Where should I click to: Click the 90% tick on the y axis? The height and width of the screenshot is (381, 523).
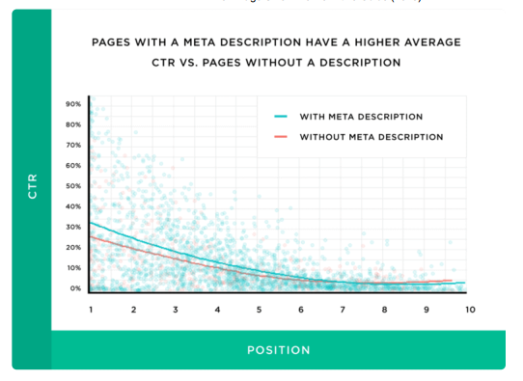click(73, 104)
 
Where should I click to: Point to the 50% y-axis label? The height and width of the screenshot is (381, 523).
click(73, 186)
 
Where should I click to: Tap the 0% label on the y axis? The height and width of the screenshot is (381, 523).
click(75, 288)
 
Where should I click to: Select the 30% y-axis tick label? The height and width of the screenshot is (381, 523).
click(73, 227)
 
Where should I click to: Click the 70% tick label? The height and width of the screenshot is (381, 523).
click(73, 145)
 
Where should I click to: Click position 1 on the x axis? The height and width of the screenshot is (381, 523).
click(90, 310)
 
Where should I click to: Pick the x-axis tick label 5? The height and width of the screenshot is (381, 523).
click(259, 310)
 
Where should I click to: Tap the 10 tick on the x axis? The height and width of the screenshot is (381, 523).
click(470, 310)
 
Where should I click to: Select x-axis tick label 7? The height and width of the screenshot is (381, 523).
click(343, 310)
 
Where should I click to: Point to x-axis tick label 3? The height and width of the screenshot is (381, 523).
click(175, 310)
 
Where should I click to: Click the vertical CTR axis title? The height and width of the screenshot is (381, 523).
click(32, 186)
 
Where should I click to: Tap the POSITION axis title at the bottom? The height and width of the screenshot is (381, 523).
click(278, 350)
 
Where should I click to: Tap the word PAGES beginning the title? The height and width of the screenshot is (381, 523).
click(115, 42)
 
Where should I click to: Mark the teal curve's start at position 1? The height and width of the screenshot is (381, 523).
click(90, 222)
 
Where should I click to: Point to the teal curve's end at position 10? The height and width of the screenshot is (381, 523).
click(465, 284)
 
